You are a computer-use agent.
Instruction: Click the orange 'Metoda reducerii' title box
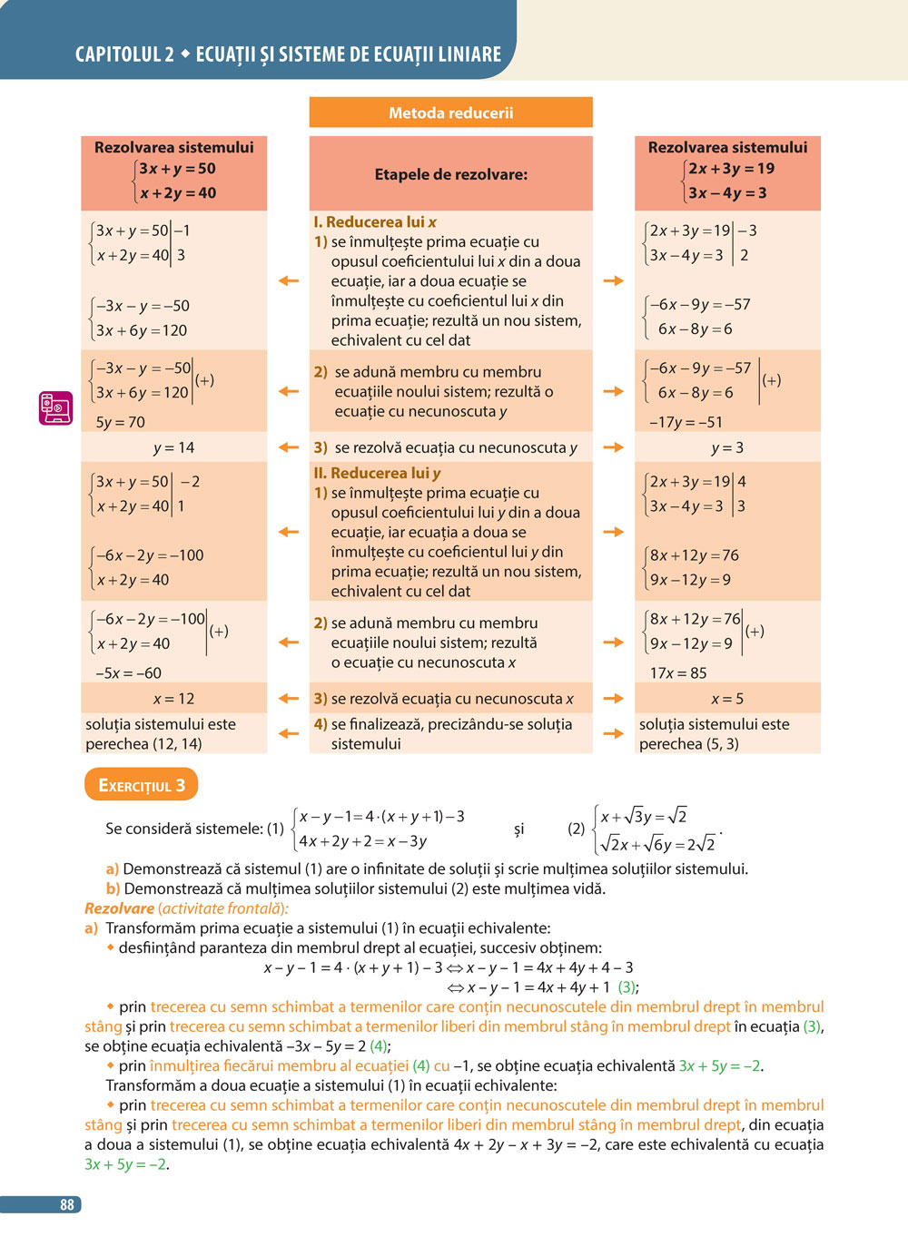point(450,113)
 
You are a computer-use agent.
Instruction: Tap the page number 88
point(66,1204)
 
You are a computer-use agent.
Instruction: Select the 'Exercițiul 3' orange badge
point(141,785)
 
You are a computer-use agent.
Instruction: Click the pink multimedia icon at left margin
point(55,408)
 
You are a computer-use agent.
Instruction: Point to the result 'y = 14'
point(173,447)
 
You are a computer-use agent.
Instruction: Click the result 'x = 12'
point(173,699)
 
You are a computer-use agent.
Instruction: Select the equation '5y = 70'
point(120,422)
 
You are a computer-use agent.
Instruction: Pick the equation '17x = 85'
point(677,673)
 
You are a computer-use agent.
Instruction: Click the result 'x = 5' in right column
point(726,699)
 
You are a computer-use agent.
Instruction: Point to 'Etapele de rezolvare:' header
point(450,174)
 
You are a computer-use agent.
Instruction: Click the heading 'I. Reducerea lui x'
point(374,222)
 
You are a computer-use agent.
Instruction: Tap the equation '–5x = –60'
point(128,673)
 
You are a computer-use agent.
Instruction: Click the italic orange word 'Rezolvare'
point(119,908)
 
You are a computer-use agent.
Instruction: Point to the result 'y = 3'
point(726,447)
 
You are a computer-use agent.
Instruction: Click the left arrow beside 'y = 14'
point(289,446)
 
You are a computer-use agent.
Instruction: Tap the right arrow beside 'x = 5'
point(614,698)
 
